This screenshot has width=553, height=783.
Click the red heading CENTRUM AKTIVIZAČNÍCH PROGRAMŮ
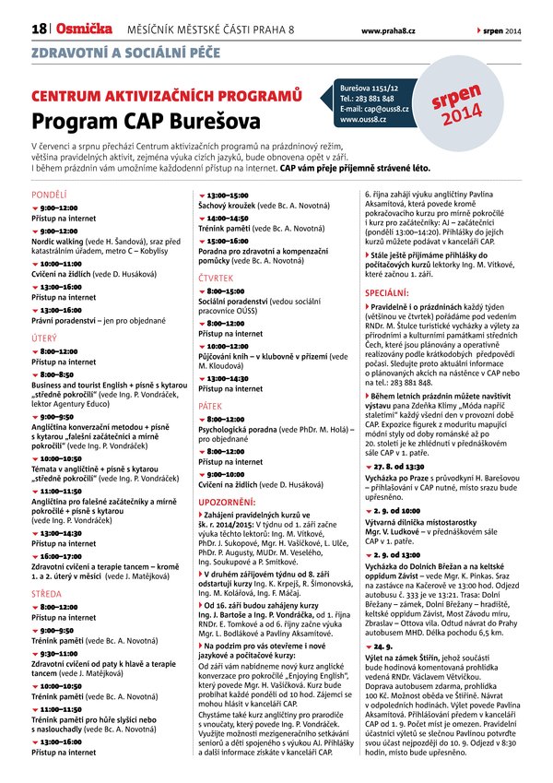167,96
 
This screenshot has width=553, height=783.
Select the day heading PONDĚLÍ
50,196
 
